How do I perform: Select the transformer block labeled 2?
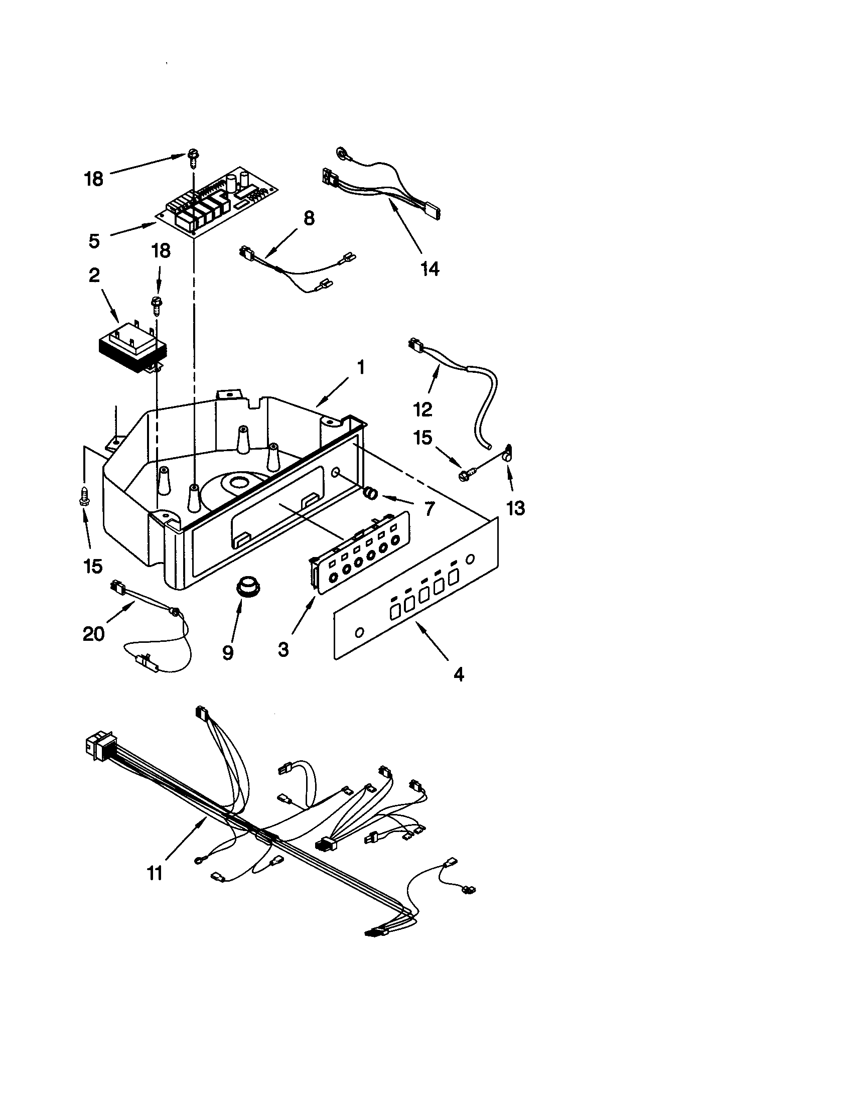[x=132, y=345]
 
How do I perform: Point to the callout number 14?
[x=430, y=269]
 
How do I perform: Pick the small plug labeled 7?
[x=371, y=492]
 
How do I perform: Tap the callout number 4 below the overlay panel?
[x=459, y=674]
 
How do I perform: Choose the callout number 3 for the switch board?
[x=283, y=649]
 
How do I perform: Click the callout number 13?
[x=515, y=508]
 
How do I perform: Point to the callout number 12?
[x=422, y=409]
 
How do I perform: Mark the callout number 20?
[x=93, y=633]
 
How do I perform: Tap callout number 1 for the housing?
[x=361, y=367]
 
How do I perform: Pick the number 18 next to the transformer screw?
[x=161, y=251]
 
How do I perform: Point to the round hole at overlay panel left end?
[x=359, y=632]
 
